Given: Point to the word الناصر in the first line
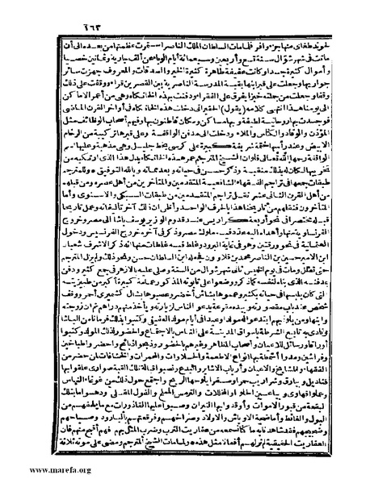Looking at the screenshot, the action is pos(158,30).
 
